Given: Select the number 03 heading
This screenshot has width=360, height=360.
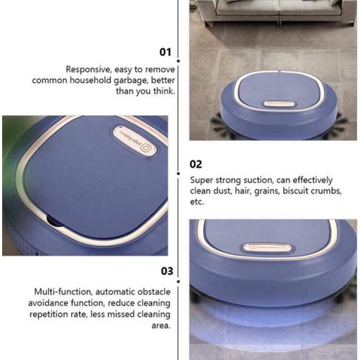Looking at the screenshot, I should point(166,271).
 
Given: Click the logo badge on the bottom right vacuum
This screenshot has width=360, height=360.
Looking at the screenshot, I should point(267,247).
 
